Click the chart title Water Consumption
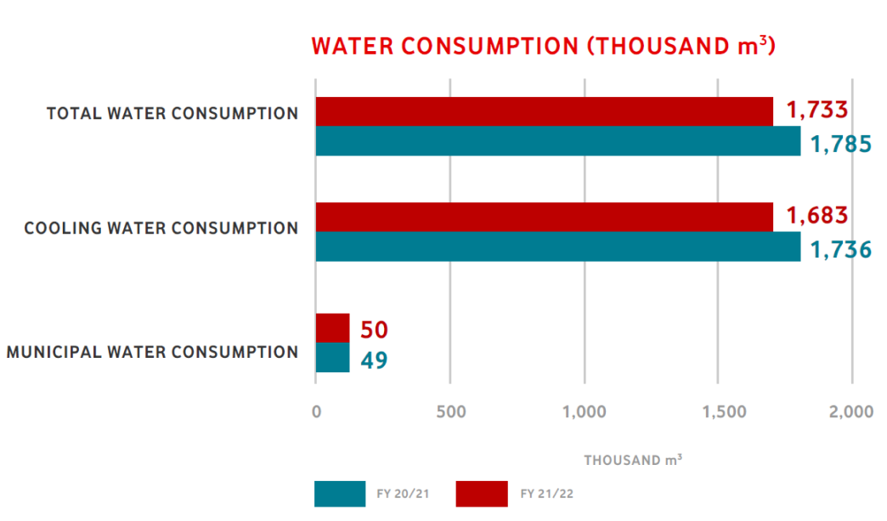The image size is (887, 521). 543,46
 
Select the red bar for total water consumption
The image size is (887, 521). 544,111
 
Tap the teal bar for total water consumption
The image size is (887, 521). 557,141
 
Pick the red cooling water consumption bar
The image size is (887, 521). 544,217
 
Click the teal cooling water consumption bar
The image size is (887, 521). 557,246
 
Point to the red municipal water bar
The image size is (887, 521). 332,327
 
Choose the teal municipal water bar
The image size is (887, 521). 332,357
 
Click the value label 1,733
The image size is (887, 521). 817,110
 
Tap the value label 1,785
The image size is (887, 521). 840,143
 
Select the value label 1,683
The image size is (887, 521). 817,216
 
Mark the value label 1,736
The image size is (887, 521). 840,249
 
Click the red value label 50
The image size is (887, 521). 375,330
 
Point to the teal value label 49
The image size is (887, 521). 374,360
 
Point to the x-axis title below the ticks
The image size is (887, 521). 633,460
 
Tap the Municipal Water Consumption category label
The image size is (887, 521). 152,352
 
